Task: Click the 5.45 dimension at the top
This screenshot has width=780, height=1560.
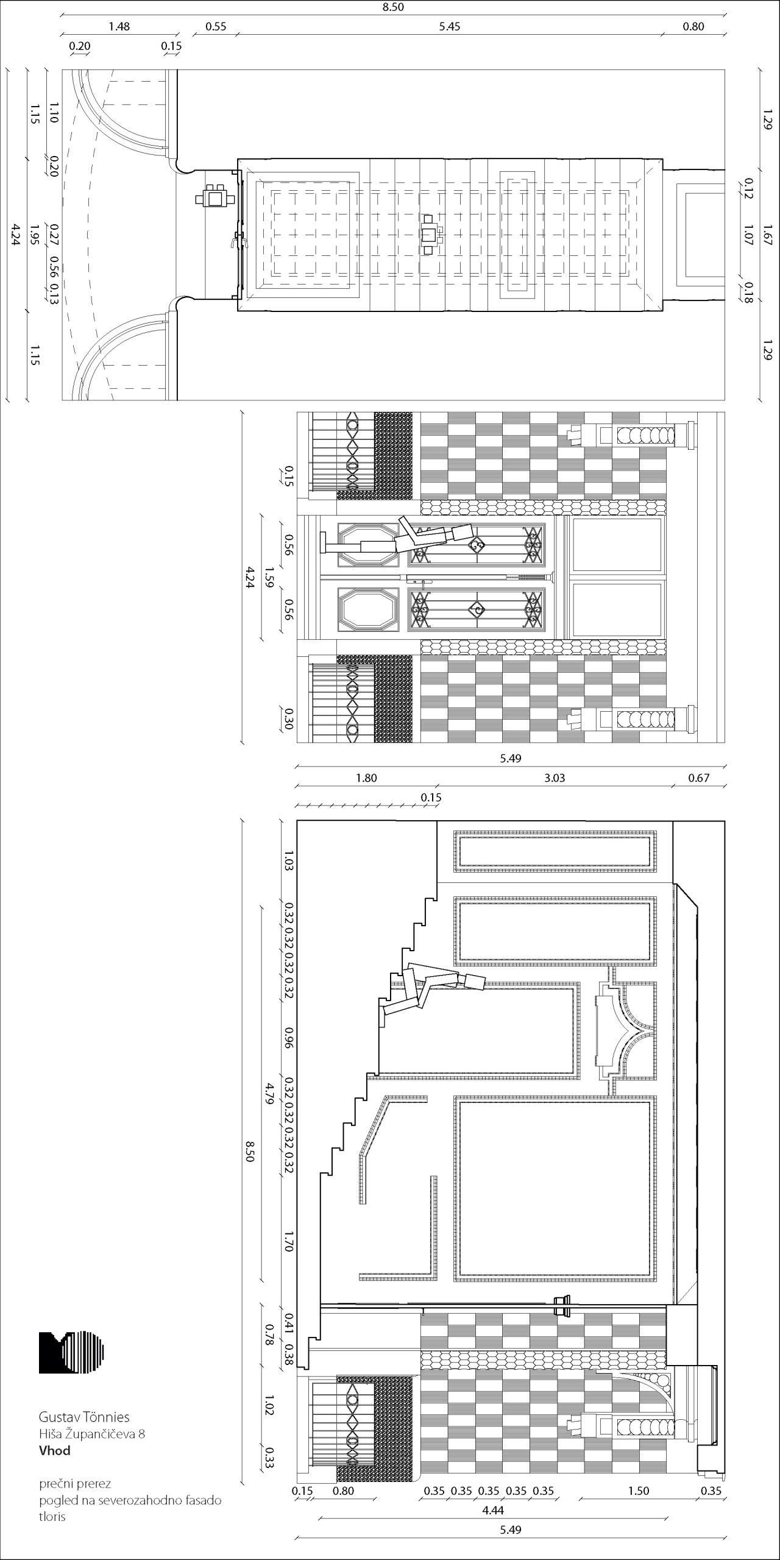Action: coord(450,26)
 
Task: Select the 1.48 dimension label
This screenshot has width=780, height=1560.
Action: coord(119,26)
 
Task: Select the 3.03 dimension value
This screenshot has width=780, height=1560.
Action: coord(555,778)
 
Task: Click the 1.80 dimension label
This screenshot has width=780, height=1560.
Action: coord(366,778)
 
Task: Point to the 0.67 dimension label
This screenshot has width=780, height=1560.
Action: coord(699,778)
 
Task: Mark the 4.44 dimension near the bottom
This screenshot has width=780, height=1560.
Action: coord(493,1510)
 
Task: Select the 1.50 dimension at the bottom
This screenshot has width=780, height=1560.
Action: coord(639,1491)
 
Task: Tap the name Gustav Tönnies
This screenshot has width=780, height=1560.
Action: coord(84,1417)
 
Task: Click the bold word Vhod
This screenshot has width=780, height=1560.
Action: coord(55,1450)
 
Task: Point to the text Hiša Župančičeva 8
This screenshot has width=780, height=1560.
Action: coord(92,1434)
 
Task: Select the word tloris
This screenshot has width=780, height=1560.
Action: coord(52,1516)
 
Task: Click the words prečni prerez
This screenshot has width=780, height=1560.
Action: coord(75,1484)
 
